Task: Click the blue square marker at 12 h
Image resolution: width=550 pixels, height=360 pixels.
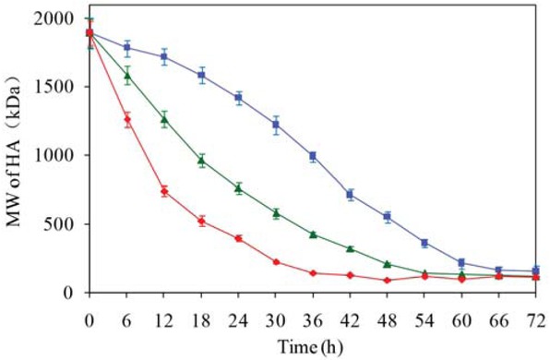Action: pos(164,57)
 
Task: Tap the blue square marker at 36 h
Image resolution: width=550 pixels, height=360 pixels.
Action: pos(313,156)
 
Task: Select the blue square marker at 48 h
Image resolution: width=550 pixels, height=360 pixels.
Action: pos(388,217)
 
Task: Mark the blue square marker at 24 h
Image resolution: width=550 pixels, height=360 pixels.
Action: pos(238,97)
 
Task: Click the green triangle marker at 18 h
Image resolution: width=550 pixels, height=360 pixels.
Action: pos(201,161)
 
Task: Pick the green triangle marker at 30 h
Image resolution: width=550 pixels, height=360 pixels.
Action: pos(276,212)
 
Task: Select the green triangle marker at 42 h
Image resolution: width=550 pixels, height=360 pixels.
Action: pos(351,248)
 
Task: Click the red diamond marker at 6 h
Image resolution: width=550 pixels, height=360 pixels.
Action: pos(127,119)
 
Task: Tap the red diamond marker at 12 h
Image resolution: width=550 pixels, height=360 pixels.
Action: pos(164,191)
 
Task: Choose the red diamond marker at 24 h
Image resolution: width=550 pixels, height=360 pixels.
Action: pos(238,238)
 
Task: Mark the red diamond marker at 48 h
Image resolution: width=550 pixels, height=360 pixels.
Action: pos(388,281)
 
